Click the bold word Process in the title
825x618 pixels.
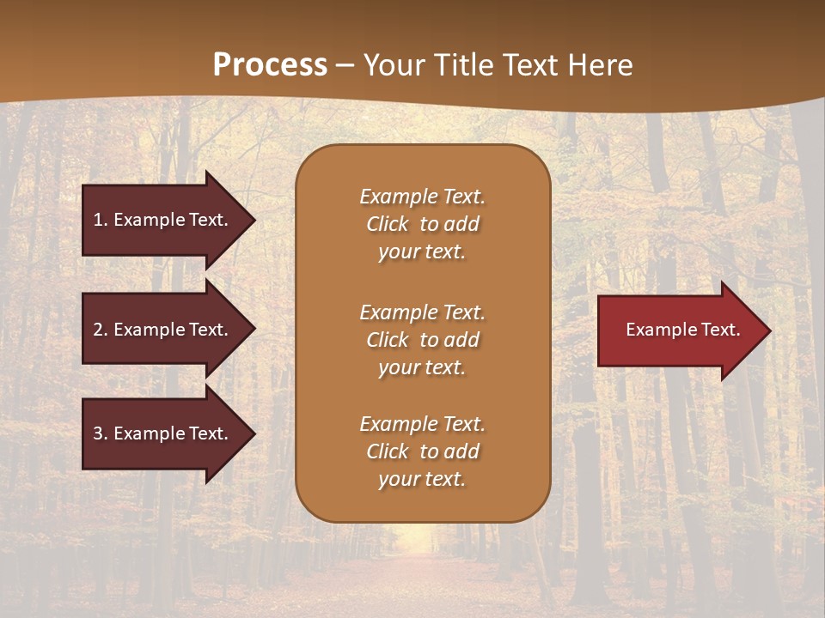pyautogui.click(x=270, y=65)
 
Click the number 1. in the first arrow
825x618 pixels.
pyautogui.click(x=101, y=220)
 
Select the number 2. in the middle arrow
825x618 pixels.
pyautogui.click(x=101, y=330)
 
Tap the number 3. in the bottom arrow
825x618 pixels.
pyautogui.click(x=101, y=433)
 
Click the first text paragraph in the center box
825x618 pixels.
pyautogui.click(x=422, y=224)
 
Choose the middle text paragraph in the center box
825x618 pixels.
pyautogui.click(x=422, y=340)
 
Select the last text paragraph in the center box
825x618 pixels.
pyautogui.click(x=422, y=451)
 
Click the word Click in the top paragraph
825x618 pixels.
pyautogui.click(x=388, y=224)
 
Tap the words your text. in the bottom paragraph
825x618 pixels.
pyautogui.click(x=422, y=479)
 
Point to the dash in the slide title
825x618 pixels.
pyautogui.click(x=345, y=66)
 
